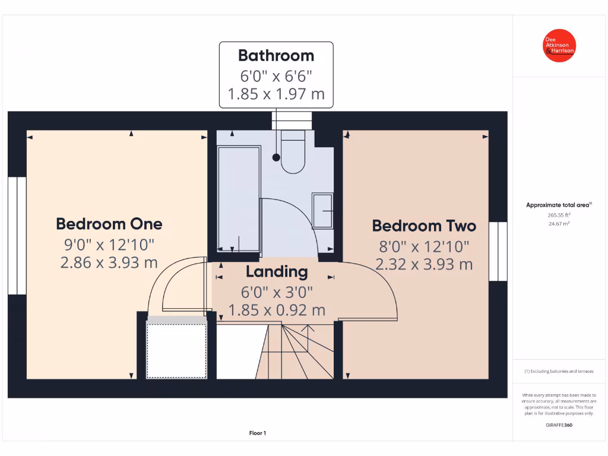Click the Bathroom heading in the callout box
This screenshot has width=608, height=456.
276,56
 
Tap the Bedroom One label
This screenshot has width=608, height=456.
109,224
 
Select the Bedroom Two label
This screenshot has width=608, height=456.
424,226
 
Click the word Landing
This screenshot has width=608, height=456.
277,272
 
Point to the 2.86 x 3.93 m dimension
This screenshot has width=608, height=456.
109,262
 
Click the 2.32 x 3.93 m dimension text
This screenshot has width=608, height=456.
424,264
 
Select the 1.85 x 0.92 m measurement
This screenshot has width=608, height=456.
277,310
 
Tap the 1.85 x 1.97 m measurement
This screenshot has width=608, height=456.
276,94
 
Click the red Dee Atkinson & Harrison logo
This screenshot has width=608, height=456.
560,46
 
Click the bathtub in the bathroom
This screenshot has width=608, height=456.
239,199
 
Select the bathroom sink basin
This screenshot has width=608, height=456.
322,211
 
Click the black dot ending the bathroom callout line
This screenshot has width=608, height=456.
276,157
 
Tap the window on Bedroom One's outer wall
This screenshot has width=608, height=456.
17,235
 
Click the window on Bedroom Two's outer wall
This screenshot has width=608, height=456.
498,251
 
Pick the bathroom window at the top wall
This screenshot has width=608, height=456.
292,121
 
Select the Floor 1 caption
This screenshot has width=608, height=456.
258,433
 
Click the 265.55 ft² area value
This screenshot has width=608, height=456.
559,216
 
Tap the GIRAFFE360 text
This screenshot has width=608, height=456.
559,425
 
